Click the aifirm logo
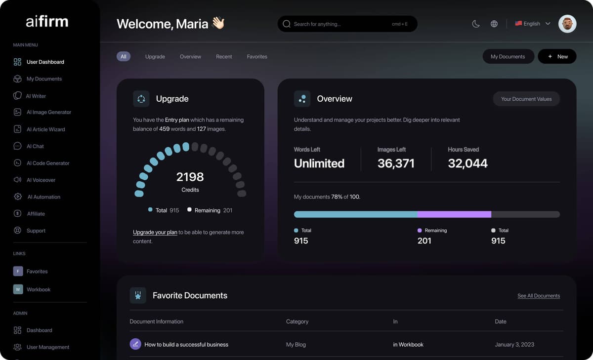pos(47,22)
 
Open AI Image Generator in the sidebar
pos(49,112)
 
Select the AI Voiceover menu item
pos(41,180)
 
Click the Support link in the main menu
pos(36,231)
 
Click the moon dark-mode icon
pos(476,24)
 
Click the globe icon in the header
pos(494,24)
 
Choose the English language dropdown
pos(532,24)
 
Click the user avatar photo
pos(567,24)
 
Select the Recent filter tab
pos(224,57)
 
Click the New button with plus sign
pos(557,57)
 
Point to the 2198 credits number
pos(190,177)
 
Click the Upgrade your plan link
pos(155,232)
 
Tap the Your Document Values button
pos(526,99)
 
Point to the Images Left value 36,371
pos(396,163)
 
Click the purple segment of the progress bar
pos(454,214)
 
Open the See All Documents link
pos(538,296)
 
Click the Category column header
pos(297,321)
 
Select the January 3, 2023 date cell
pos(514,345)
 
